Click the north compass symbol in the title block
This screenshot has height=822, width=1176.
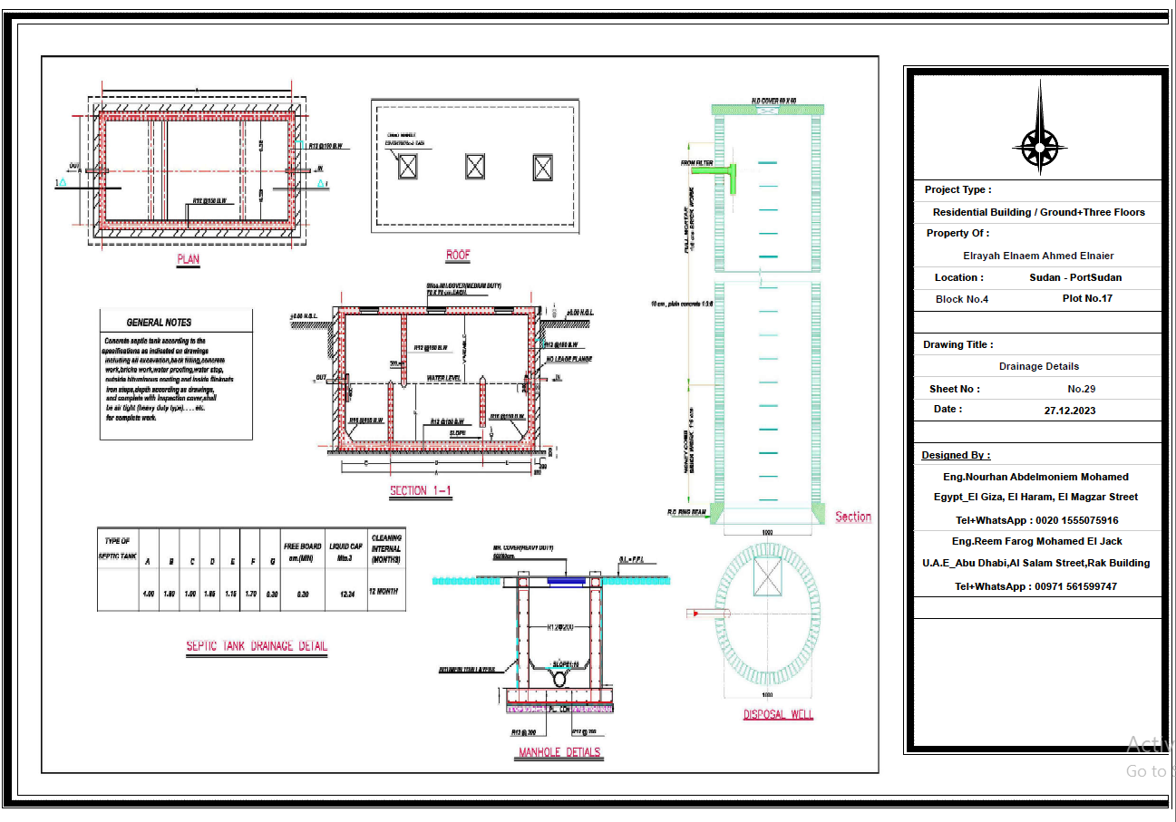click(x=1039, y=142)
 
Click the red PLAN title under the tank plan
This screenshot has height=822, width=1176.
click(x=188, y=259)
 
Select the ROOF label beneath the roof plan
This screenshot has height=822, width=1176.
click(x=458, y=256)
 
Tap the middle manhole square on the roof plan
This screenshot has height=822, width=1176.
click(x=475, y=166)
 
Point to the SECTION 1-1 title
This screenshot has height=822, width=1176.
click(x=421, y=490)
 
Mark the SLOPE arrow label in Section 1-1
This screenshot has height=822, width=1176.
click(x=458, y=433)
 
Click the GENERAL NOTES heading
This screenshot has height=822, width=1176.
click(x=159, y=322)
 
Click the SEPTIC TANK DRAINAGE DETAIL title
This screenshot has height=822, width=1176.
click(x=257, y=646)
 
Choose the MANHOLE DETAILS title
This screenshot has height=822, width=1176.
click(x=559, y=752)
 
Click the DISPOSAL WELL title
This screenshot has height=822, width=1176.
click(x=778, y=714)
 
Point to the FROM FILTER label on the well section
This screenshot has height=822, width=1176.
click(x=696, y=163)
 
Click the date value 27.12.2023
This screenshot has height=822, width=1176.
click(x=1069, y=410)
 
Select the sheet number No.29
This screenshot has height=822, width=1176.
click(x=1081, y=389)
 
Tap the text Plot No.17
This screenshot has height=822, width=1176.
click(x=1087, y=298)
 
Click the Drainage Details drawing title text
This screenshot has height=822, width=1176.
click(x=1038, y=366)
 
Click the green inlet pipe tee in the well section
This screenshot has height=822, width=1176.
click(x=732, y=175)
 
